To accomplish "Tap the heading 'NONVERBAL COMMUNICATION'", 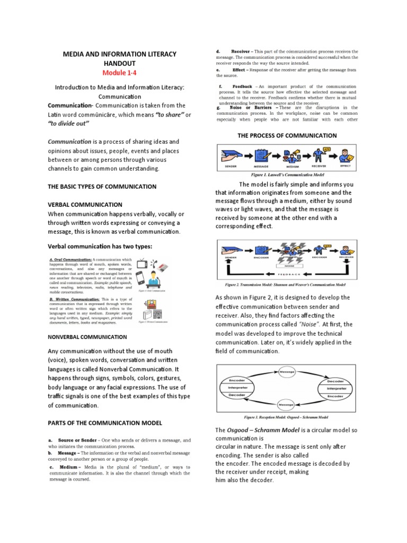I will [87, 337].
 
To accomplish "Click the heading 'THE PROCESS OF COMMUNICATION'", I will [286, 135].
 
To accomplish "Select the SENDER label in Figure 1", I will [231, 166].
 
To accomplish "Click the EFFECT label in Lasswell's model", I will [346, 166].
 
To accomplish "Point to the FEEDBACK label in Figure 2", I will [288, 275].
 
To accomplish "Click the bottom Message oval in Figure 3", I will [286, 405].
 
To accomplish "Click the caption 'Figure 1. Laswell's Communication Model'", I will [287, 174].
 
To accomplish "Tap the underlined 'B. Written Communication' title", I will [72, 299].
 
